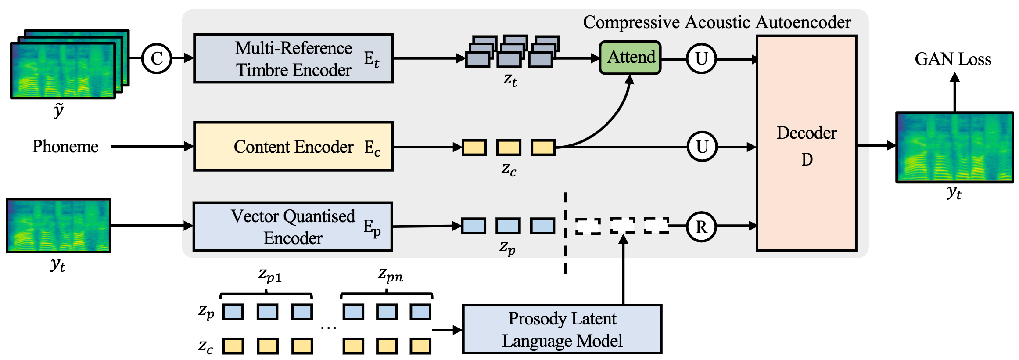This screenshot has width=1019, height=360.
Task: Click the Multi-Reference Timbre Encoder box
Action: click(293, 58)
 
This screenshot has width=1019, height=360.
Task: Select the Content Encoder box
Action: click(293, 146)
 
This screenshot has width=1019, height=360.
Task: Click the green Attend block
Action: click(630, 58)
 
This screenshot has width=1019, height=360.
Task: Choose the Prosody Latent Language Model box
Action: click(562, 329)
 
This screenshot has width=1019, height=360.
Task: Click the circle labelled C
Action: click(157, 58)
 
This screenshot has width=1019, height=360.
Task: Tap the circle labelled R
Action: click(701, 227)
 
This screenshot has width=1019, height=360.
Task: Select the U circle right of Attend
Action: click(701, 58)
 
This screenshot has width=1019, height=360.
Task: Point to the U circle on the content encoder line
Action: click(702, 147)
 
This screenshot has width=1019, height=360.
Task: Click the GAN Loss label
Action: click(953, 59)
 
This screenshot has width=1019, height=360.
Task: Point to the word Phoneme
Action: click(65, 146)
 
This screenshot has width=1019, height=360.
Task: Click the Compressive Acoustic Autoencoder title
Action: click(717, 22)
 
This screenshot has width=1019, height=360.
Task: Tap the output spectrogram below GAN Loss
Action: click(954, 147)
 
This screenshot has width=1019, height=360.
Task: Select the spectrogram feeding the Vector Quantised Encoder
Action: click(58, 226)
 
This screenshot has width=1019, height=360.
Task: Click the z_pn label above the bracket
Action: click(390, 275)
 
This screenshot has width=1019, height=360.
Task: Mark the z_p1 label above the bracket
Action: click(269, 275)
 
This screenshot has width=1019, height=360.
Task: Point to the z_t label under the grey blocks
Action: click(510, 80)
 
